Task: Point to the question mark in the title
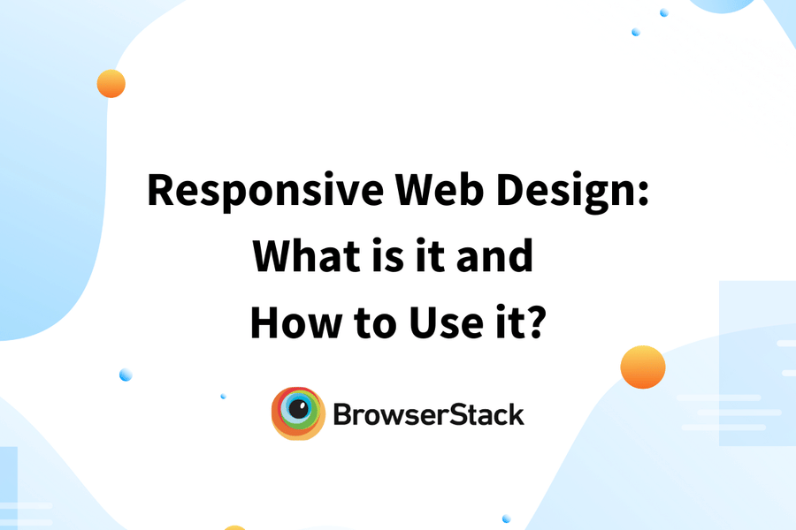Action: (535, 322)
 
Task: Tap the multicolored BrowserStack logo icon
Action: (297, 413)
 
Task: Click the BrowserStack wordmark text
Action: (429, 413)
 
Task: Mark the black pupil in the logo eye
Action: (299, 410)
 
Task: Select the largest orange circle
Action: (642, 367)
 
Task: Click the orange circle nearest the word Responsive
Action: (111, 84)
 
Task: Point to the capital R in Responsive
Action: (161, 190)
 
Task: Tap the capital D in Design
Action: (520, 190)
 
